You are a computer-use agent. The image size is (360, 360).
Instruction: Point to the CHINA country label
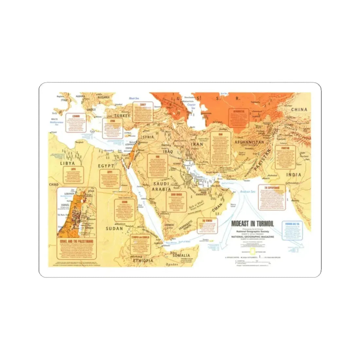coord(299,110)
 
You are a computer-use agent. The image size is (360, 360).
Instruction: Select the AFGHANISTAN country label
coord(249,142)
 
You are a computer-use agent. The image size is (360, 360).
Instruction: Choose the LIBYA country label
coord(67,163)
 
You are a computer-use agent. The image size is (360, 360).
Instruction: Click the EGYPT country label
coord(106,166)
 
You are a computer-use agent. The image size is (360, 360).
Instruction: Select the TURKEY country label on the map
coord(122,116)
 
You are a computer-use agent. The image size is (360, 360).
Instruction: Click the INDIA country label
coord(294,175)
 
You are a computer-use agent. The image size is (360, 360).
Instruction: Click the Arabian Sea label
coord(247,192)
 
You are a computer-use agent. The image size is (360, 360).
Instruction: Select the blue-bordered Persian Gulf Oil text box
coord(293,231)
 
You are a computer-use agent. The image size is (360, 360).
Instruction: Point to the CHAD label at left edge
coord(53,185)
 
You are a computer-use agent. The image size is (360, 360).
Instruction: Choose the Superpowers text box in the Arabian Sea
coord(272,197)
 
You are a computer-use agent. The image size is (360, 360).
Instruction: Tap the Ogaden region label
coord(173,264)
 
